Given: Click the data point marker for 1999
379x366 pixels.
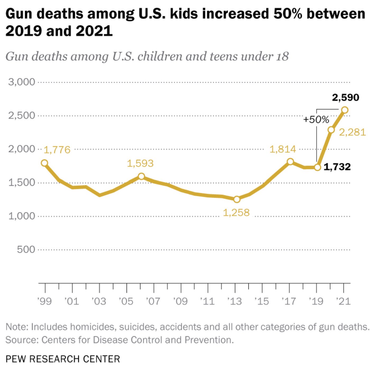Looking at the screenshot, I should click(x=45, y=163).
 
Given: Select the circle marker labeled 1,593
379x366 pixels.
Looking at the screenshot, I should click(x=141, y=176).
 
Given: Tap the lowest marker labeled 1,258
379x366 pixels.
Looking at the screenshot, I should click(x=237, y=199).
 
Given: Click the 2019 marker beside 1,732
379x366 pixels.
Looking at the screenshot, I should click(x=317, y=167).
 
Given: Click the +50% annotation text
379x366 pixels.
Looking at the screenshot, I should click(x=316, y=120).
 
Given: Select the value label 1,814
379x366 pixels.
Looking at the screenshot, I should click(x=283, y=150).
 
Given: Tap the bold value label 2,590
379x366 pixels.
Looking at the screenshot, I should click(x=345, y=98).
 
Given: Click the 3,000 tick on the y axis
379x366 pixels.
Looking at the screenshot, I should click(x=21, y=82).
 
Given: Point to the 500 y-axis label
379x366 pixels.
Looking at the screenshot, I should click(x=26, y=249).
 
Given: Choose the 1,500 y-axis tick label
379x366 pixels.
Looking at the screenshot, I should click(x=21, y=182).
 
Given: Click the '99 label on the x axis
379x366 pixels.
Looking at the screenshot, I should click(x=44, y=301).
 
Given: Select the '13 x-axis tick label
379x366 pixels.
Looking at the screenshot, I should click(x=235, y=301).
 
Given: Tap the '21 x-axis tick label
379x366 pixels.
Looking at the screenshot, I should click(x=343, y=301).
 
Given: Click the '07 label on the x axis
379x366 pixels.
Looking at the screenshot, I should click(x=153, y=301).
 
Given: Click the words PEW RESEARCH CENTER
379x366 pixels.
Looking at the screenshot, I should click(x=63, y=359).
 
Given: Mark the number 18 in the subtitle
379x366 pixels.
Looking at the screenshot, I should click(x=282, y=56).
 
